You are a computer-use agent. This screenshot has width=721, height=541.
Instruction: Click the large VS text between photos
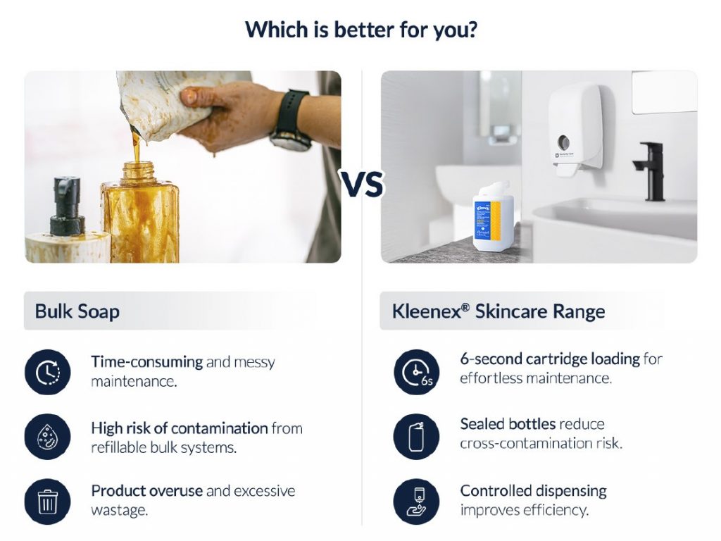(363, 185)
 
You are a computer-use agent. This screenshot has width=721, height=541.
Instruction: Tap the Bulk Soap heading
(77, 311)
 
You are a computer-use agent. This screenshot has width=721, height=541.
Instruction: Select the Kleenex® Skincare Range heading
(499, 311)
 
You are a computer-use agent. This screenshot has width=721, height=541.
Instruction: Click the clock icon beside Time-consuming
(47, 372)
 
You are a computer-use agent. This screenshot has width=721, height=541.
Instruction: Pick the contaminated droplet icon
(47, 437)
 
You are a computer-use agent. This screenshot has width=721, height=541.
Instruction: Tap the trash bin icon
(47, 502)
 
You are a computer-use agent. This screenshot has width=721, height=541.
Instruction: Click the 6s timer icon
(417, 372)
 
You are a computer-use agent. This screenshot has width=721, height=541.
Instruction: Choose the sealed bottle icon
(417, 437)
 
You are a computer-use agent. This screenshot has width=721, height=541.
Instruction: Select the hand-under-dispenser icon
(417, 502)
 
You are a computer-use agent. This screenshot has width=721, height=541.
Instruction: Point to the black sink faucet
(651, 171)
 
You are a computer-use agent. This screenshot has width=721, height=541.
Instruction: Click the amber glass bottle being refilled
(140, 211)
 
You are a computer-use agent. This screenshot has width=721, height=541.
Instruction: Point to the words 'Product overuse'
(146, 491)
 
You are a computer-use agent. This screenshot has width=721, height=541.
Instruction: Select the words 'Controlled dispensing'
(534, 491)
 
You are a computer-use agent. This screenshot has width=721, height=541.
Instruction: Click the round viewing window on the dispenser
(564, 142)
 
